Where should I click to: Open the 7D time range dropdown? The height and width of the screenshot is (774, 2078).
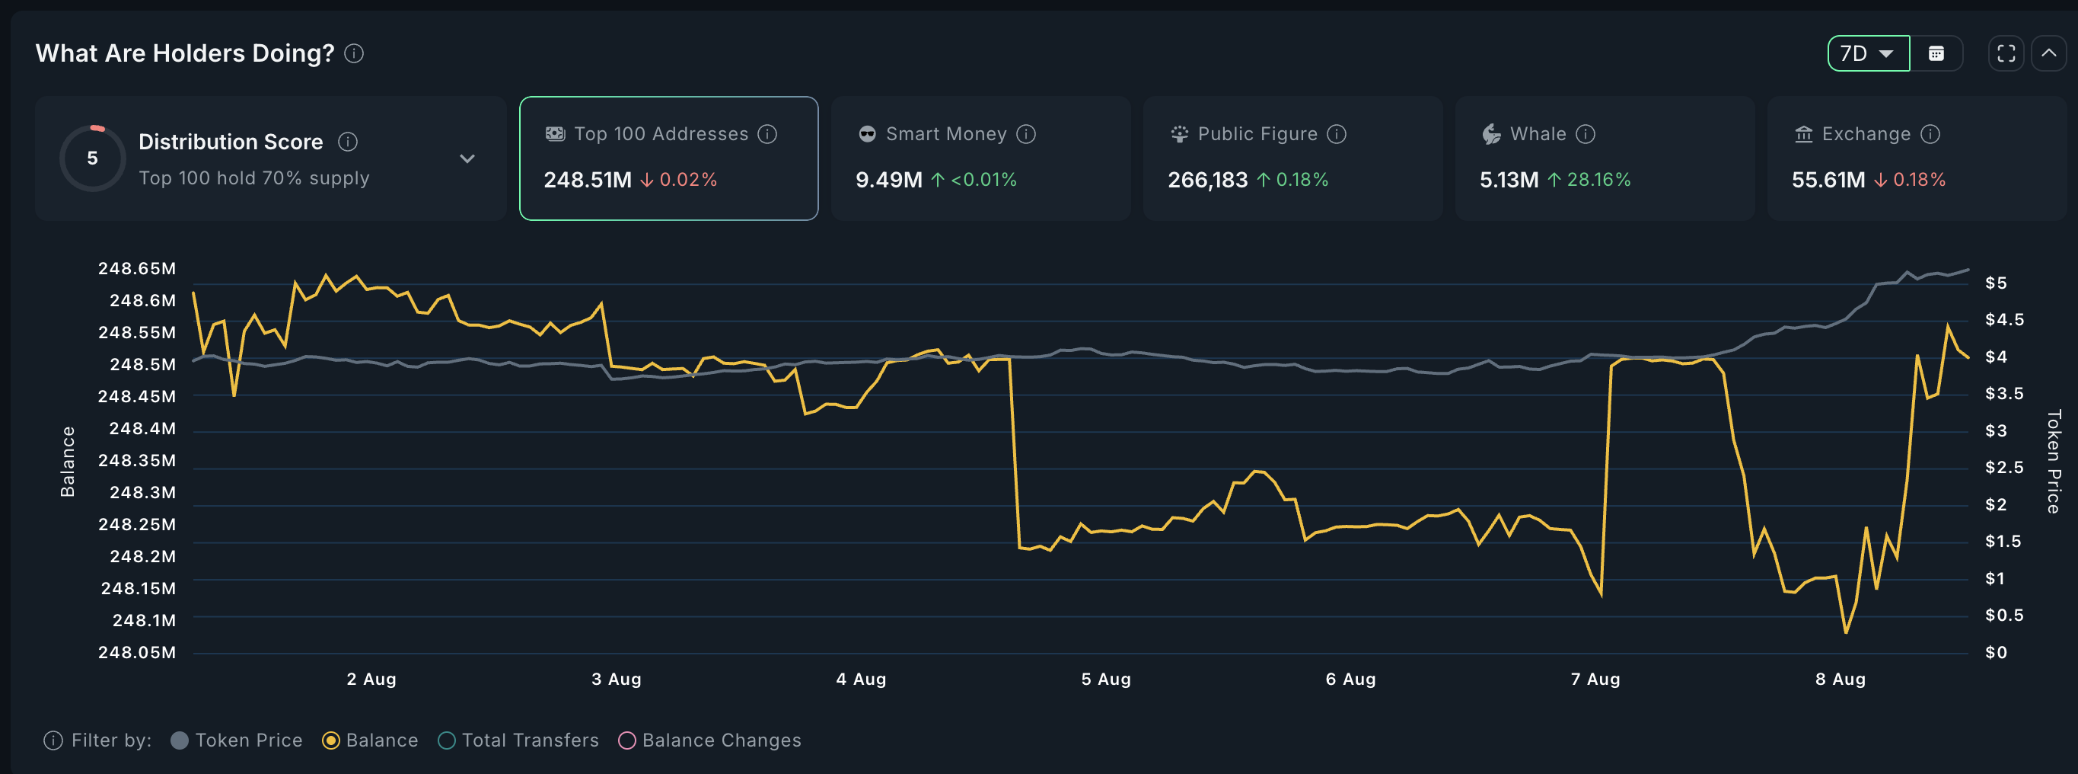1867,53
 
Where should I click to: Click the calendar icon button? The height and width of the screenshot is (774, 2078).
1936,53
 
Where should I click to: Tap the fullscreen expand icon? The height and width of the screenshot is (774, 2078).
2006,53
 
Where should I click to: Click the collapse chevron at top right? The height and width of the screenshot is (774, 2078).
2049,53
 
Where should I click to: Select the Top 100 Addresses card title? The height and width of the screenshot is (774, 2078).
661,134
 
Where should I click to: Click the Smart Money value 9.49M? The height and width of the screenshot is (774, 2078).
888,179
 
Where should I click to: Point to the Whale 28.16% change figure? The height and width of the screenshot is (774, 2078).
1597,179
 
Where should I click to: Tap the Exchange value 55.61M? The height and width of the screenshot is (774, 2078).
1828,179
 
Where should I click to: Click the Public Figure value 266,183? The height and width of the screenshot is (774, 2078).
1206,179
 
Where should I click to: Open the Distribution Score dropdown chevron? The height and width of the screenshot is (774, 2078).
467,158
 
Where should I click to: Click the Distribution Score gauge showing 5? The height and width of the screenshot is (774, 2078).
93,158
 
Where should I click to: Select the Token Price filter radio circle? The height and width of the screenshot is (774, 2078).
180,740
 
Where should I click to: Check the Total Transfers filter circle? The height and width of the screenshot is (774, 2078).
447,740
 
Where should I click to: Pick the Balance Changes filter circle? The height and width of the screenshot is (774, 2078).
626,740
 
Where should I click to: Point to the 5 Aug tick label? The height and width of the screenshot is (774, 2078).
1106,679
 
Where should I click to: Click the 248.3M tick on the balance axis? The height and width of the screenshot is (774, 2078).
142,492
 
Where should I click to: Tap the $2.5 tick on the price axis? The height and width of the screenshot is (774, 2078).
2003,467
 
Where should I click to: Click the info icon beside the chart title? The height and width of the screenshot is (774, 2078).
354,53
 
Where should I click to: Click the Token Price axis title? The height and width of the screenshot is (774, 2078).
2053,461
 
